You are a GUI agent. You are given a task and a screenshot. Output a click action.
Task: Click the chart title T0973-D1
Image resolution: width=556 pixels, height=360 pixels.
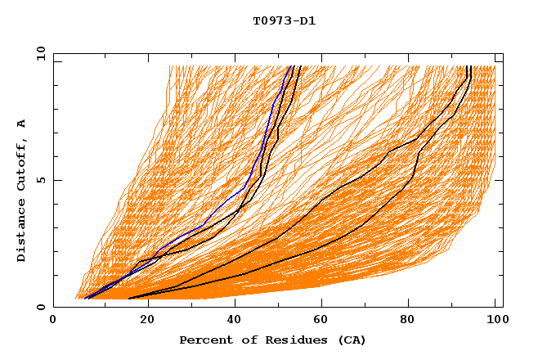(x=284, y=20)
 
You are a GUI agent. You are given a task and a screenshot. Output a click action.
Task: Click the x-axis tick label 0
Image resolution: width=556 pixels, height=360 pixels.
(x=53, y=322)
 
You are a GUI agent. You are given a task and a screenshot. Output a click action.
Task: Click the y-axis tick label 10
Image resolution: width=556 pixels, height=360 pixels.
(x=39, y=53)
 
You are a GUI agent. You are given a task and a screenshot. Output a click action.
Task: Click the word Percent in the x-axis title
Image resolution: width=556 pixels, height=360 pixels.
(x=204, y=340)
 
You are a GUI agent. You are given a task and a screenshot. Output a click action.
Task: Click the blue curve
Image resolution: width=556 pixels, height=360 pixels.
(x=245, y=186)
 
